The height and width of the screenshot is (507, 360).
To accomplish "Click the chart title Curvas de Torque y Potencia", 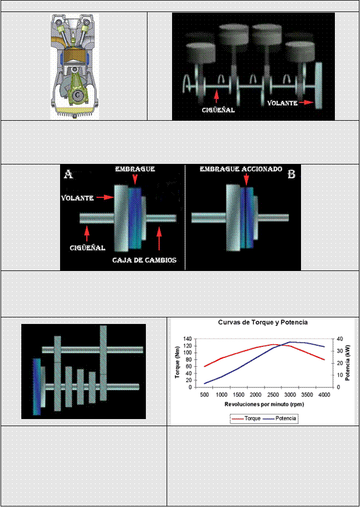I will click(x=263, y=322).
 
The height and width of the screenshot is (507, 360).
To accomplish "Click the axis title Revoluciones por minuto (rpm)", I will click(x=263, y=404).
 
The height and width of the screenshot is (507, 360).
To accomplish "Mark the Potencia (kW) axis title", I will click(x=347, y=363).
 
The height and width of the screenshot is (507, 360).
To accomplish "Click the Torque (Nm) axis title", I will click(x=178, y=363).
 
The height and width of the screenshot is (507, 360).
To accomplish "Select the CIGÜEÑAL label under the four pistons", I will click(x=217, y=109).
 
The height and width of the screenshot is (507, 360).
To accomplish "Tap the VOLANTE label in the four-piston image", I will click(x=282, y=103).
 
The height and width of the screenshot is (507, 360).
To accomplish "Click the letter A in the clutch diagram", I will click(x=69, y=174).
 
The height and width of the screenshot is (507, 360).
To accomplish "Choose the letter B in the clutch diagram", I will click(x=291, y=174).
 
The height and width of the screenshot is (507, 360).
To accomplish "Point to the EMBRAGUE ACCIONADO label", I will click(x=241, y=169).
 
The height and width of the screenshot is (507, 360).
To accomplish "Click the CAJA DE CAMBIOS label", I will click(x=144, y=260).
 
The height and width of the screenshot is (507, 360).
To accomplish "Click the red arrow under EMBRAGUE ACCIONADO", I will click(x=246, y=180).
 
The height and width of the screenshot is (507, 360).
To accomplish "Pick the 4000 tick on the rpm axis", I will click(x=324, y=394).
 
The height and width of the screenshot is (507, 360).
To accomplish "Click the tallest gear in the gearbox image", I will click(x=103, y=363).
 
